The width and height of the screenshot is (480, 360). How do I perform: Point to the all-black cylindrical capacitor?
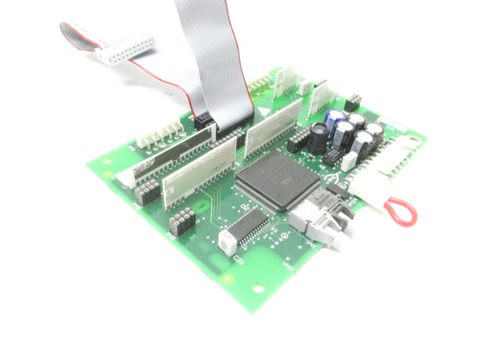319,138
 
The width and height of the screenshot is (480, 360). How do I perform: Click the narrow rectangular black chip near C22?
250,225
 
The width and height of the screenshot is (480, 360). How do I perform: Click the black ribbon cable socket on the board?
205,121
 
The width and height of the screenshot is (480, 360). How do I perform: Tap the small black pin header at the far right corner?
351,102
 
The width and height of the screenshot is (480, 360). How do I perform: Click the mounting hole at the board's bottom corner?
258,285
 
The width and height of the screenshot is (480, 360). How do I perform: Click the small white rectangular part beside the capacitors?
348,161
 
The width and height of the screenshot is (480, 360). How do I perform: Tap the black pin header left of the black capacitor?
298,140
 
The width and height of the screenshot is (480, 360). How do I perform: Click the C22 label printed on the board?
238,258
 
